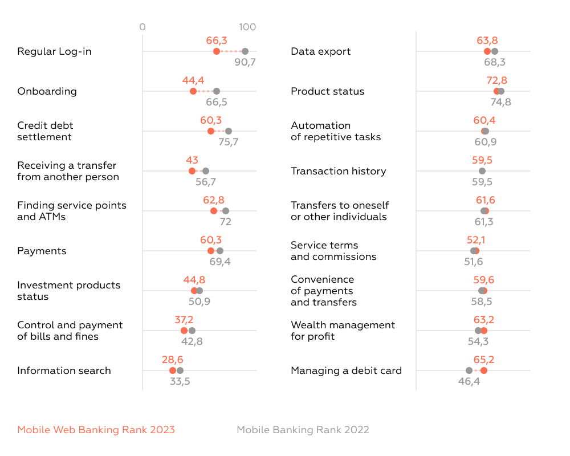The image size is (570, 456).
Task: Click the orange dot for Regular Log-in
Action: click(217, 51)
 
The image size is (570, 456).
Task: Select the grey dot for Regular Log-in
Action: click(245, 51)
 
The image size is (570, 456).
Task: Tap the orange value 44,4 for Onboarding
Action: click(193, 80)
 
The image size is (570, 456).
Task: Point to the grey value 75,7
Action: click(228, 142)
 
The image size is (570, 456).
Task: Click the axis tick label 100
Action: click(247, 27)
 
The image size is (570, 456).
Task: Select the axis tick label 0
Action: click(142, 27)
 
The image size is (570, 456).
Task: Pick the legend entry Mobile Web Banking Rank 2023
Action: click(96, 430)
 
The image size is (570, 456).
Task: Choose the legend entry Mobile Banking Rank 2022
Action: click(303, 430)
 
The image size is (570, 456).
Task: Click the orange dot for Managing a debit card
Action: click(484, 370)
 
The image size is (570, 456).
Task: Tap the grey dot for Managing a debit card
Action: click(469, 370)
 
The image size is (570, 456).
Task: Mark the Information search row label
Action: click(64, 370)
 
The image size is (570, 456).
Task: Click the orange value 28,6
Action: click(172, 360)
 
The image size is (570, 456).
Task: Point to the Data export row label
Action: click(320, 51)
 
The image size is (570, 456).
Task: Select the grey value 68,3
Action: click(495, 62)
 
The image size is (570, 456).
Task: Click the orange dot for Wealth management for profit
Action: click(484, 331)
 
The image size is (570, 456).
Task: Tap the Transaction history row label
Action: click(338, 171)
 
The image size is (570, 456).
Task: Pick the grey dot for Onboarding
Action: click(217, 91)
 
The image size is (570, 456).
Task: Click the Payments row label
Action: click(42, 251)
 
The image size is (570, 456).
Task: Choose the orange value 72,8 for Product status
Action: click(496, 80)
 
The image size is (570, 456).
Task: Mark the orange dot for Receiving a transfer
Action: click(192, 171)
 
